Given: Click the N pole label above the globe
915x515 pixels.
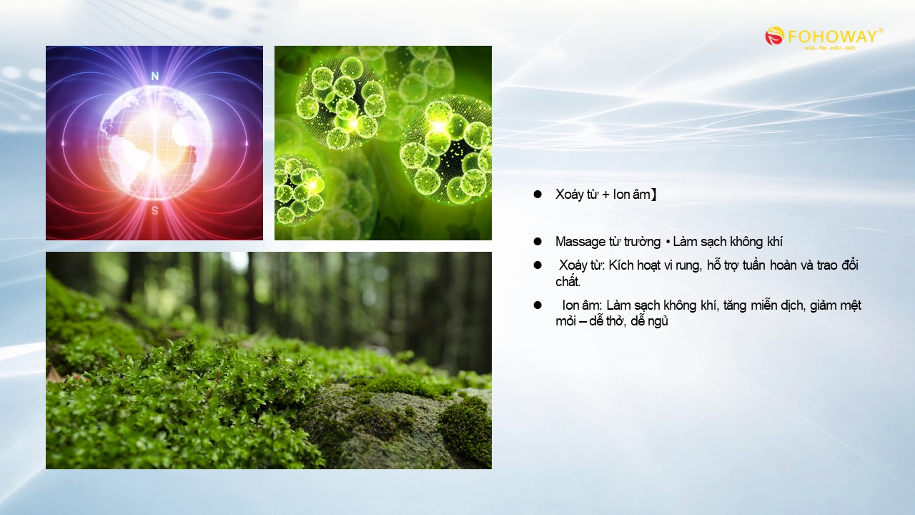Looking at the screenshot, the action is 155,76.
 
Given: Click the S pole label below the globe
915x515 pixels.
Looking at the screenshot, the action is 155,210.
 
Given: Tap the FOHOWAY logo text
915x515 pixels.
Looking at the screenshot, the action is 832,36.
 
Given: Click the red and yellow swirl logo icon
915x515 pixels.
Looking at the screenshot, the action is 774,36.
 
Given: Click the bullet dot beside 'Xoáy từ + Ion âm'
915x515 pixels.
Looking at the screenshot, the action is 538,194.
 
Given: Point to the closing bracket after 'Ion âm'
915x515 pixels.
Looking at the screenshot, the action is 653,194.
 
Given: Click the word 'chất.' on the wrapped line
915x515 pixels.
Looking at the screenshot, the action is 568,281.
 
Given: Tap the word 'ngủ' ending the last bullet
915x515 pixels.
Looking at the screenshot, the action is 658,321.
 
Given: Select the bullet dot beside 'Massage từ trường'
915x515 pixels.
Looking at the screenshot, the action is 538,242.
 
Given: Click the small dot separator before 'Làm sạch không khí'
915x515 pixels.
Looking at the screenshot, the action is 668,242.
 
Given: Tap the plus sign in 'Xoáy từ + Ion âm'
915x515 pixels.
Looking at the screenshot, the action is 605,195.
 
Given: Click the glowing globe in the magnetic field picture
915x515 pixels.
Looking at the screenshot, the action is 155,142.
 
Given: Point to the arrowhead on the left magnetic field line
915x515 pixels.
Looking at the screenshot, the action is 63,142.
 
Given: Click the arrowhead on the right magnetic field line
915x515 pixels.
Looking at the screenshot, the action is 247,142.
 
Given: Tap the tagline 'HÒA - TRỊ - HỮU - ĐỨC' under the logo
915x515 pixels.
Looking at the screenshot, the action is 830,48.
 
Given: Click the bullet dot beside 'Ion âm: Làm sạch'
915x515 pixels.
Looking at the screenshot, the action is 538,305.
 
